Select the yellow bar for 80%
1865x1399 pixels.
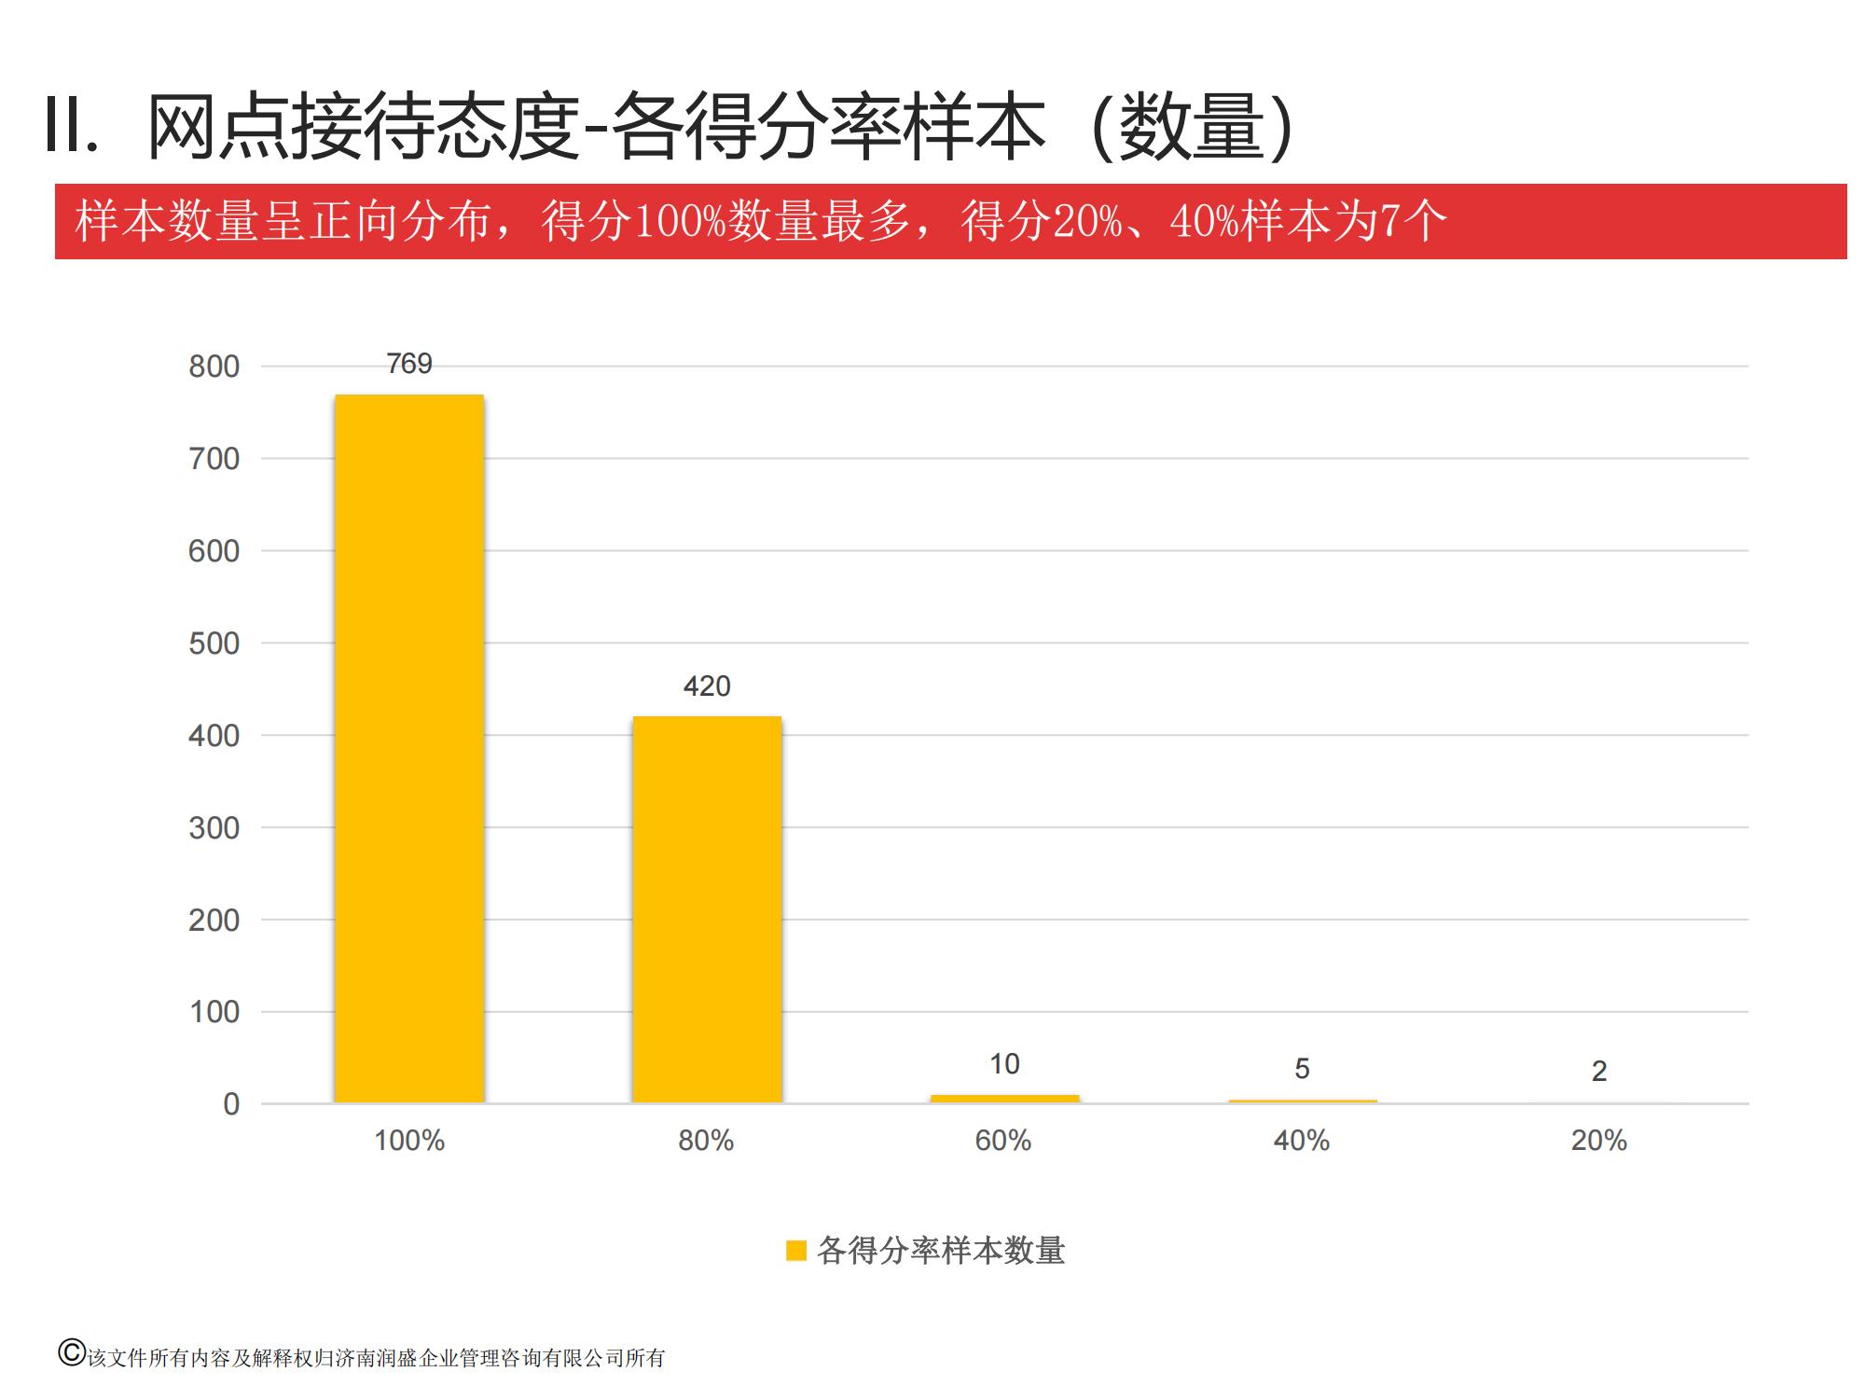point(707,909)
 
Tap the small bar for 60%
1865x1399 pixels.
point(1004,1099)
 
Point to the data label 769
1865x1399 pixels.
point(409,364)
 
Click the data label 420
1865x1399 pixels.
point(707,686)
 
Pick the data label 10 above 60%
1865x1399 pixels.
point(1004,1064)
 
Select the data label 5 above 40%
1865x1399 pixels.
point(1302,1069)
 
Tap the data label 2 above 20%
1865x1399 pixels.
point(1599,1072)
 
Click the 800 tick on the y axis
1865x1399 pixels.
point(214,367)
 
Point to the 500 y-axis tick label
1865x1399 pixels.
point(214,644)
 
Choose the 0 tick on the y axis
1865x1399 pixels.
point(231,1104)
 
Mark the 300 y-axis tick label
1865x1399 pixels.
point(214,828)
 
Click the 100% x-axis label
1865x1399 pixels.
point(409,1141)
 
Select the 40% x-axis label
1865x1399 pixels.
point(1302,1141)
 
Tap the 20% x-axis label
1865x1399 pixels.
point(1599,1141)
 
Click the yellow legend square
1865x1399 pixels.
point(795,1251)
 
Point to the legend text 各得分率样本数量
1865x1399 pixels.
point(941,1251)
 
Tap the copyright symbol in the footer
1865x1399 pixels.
point(71,1353)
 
